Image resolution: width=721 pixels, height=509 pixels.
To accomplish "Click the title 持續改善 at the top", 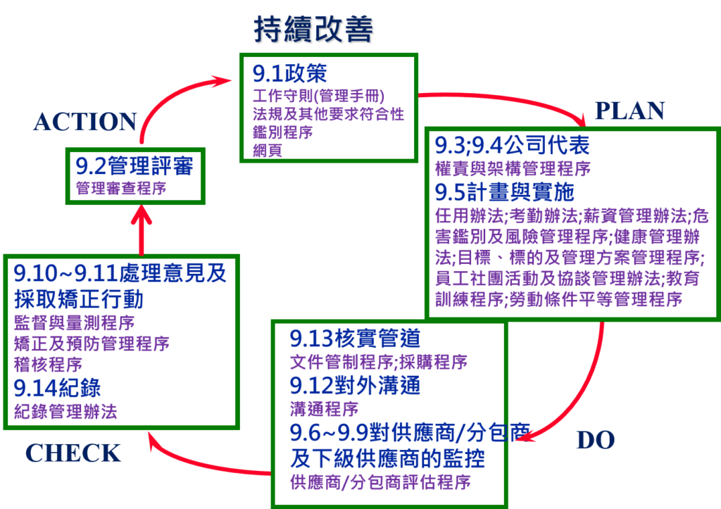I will coord(314,30).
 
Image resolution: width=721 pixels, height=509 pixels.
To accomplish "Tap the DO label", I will coord(595,441).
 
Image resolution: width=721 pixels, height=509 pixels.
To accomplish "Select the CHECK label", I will coord(73,453).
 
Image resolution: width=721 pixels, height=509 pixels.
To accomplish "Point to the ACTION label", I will coord(84,122).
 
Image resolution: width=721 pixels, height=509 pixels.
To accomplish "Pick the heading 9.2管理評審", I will coord(134,167).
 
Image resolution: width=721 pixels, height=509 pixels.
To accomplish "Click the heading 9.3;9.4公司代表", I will coord(512,146).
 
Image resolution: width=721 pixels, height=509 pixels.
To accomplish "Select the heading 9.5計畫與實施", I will coord(504,191).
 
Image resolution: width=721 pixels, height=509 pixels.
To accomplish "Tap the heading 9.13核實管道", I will coord(355,339).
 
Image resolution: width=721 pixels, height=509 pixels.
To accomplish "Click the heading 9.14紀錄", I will coord(57,388).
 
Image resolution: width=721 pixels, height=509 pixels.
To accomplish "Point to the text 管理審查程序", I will coord(120,189).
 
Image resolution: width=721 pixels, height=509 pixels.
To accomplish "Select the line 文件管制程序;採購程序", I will coord(379,363).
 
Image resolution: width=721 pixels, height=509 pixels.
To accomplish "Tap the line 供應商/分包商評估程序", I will coord(380,483).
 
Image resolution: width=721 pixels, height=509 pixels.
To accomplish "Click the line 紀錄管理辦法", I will coord(65,412).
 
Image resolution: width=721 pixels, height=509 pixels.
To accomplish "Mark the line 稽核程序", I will coord(48,365).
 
